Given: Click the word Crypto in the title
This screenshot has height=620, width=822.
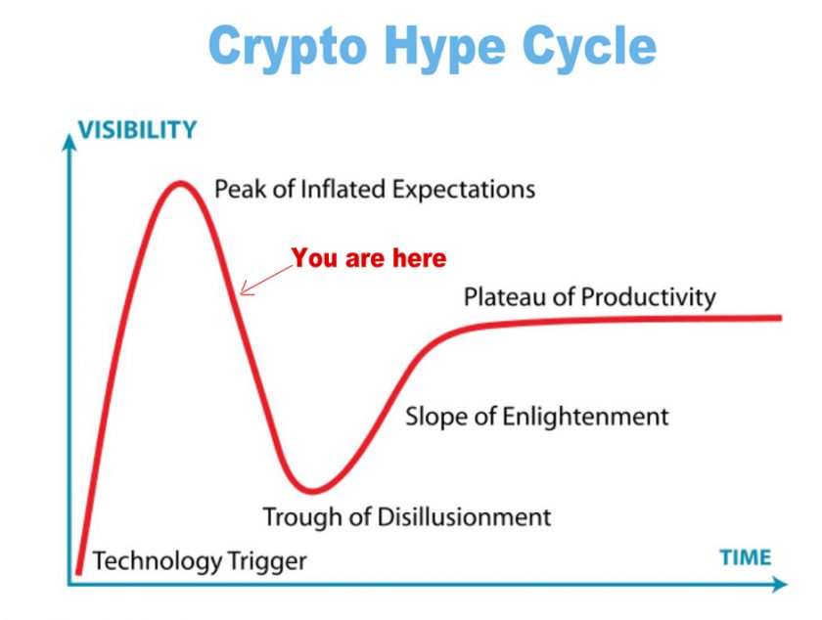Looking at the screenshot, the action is (x=288, y=48).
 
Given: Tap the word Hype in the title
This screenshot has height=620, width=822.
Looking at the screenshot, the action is (x=444, y=48).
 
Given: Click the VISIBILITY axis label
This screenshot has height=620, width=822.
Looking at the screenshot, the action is (x=137, y=129).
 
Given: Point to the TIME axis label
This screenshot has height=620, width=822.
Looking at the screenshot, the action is (x=745, y=557).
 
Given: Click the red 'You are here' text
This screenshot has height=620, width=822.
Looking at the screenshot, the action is (x=369, y=258).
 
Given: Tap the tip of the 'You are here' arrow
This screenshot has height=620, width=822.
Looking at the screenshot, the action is (x=240, y=293).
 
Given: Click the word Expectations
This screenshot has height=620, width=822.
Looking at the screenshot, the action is (x=464, y=190).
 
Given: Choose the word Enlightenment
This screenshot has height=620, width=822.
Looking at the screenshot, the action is (x=585, y=418).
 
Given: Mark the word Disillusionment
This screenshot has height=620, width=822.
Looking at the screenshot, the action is (x=464, y=516).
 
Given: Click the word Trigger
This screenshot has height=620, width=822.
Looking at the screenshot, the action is (x=260, y=561).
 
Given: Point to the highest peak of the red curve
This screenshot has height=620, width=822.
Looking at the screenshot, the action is (x=180, y=184).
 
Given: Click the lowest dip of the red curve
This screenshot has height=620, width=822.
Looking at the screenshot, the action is (x=312, y=491).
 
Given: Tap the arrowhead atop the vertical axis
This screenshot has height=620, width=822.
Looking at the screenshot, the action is (x=68, y=142).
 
